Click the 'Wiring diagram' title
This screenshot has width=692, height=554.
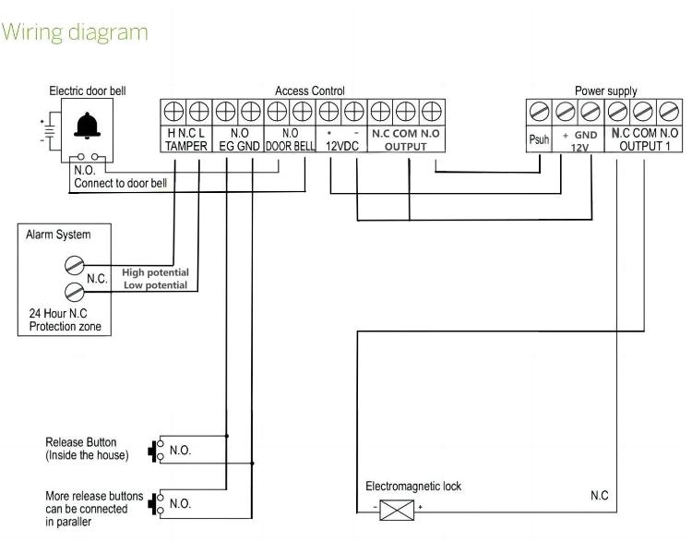pos(76,32)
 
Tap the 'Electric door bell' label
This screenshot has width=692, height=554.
pos(88,90)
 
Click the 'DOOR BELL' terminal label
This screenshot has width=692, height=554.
pos(290,147)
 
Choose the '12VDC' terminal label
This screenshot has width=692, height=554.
pos(341,147)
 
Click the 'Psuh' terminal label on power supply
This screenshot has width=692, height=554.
pos(539,140)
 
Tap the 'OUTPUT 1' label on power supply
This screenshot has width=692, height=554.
pos(644,146)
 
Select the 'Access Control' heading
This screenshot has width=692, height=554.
pos(310,90)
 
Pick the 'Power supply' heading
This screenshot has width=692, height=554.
pos(605,90)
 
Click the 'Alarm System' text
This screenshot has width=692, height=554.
pos(61,235)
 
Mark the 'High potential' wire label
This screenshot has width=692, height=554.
pos(155,272)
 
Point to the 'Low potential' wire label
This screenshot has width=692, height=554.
pos(155,285)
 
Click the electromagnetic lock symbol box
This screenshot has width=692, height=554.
pos(397,508)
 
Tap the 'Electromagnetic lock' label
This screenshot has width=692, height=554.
pos(413,486)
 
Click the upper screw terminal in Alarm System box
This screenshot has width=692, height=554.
pos(74,266)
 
